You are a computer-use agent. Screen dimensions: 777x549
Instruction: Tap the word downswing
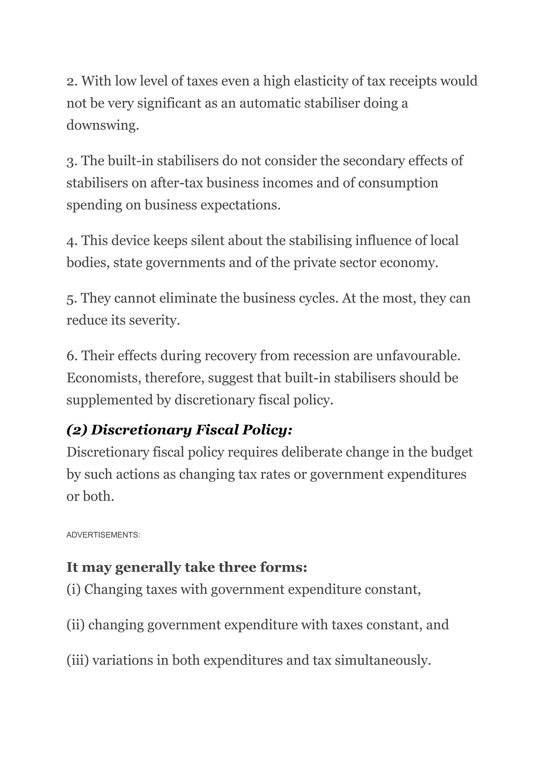[102, 125]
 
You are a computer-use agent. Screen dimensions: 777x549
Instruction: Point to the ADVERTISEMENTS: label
[103, 535]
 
